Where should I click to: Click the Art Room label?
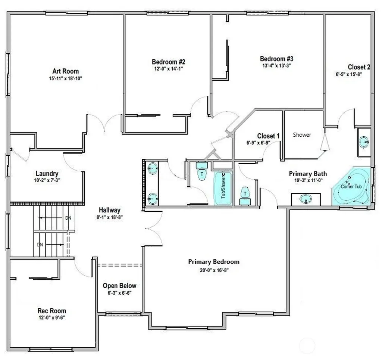pos(66,71)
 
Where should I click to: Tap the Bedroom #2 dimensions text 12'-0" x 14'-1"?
pos(168,69)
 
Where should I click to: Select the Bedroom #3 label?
pos(276,59)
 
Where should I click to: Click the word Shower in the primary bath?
pos(302,135)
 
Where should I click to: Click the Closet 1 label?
pos(268,136)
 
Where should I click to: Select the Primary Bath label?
pos(308,174)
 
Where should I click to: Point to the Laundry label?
pos(47,173)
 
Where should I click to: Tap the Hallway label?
pos(110,210)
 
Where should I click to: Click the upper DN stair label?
pos(68,218)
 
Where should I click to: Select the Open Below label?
pos(119,286)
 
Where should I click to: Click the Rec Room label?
pos(51,311)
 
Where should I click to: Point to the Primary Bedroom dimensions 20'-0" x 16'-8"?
pos(214,270)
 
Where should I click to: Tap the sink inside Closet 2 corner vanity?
pos(364,142)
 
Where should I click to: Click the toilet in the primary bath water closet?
pos(245,196)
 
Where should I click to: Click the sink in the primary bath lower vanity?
pos(306,199)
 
